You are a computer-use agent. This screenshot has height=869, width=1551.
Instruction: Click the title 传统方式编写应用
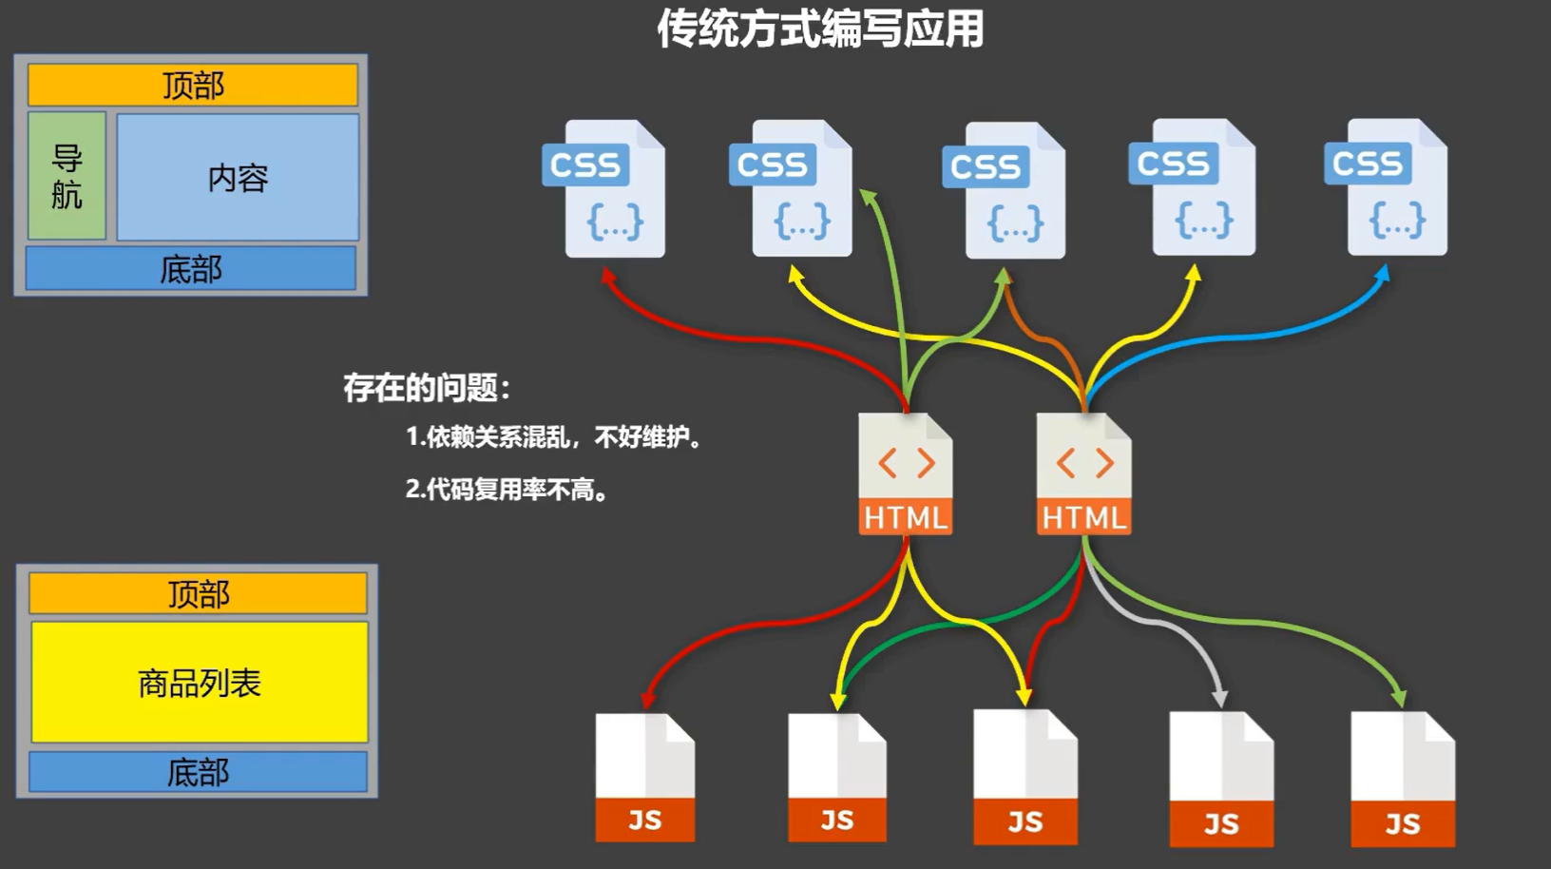click(820, 29)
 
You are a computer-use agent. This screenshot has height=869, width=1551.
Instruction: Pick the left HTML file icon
click(905, 473)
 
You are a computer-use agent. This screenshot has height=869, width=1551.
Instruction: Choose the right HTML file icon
click(1083, 473)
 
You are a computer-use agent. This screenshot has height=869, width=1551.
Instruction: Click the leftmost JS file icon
click(644, 778)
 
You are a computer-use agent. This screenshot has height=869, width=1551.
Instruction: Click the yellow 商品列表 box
click(200, 682)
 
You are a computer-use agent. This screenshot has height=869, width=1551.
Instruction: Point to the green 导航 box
click(67, 176)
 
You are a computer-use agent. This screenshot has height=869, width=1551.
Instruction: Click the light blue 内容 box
click(238, 177)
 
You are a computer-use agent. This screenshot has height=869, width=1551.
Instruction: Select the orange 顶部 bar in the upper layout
click(193, 86)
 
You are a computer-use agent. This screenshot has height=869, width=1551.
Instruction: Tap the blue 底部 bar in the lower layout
click(198, 771)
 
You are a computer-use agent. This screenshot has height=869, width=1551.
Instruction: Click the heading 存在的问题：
click(427, 388)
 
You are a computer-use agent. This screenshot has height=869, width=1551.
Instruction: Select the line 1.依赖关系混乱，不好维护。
click(553, 437)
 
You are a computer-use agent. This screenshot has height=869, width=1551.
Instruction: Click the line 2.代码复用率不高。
click(507, 490)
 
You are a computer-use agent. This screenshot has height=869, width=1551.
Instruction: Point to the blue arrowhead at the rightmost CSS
click(1384, 273)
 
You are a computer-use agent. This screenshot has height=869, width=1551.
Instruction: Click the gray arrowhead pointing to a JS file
click(1220, 699)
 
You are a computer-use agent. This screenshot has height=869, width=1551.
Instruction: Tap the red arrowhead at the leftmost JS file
click(648, 701)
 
